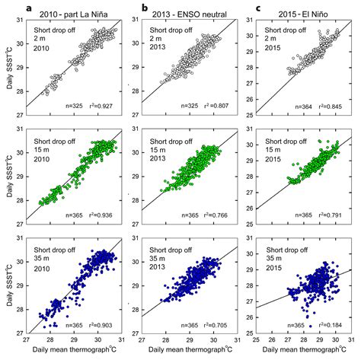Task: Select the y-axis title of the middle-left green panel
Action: [x=7, y=172]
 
